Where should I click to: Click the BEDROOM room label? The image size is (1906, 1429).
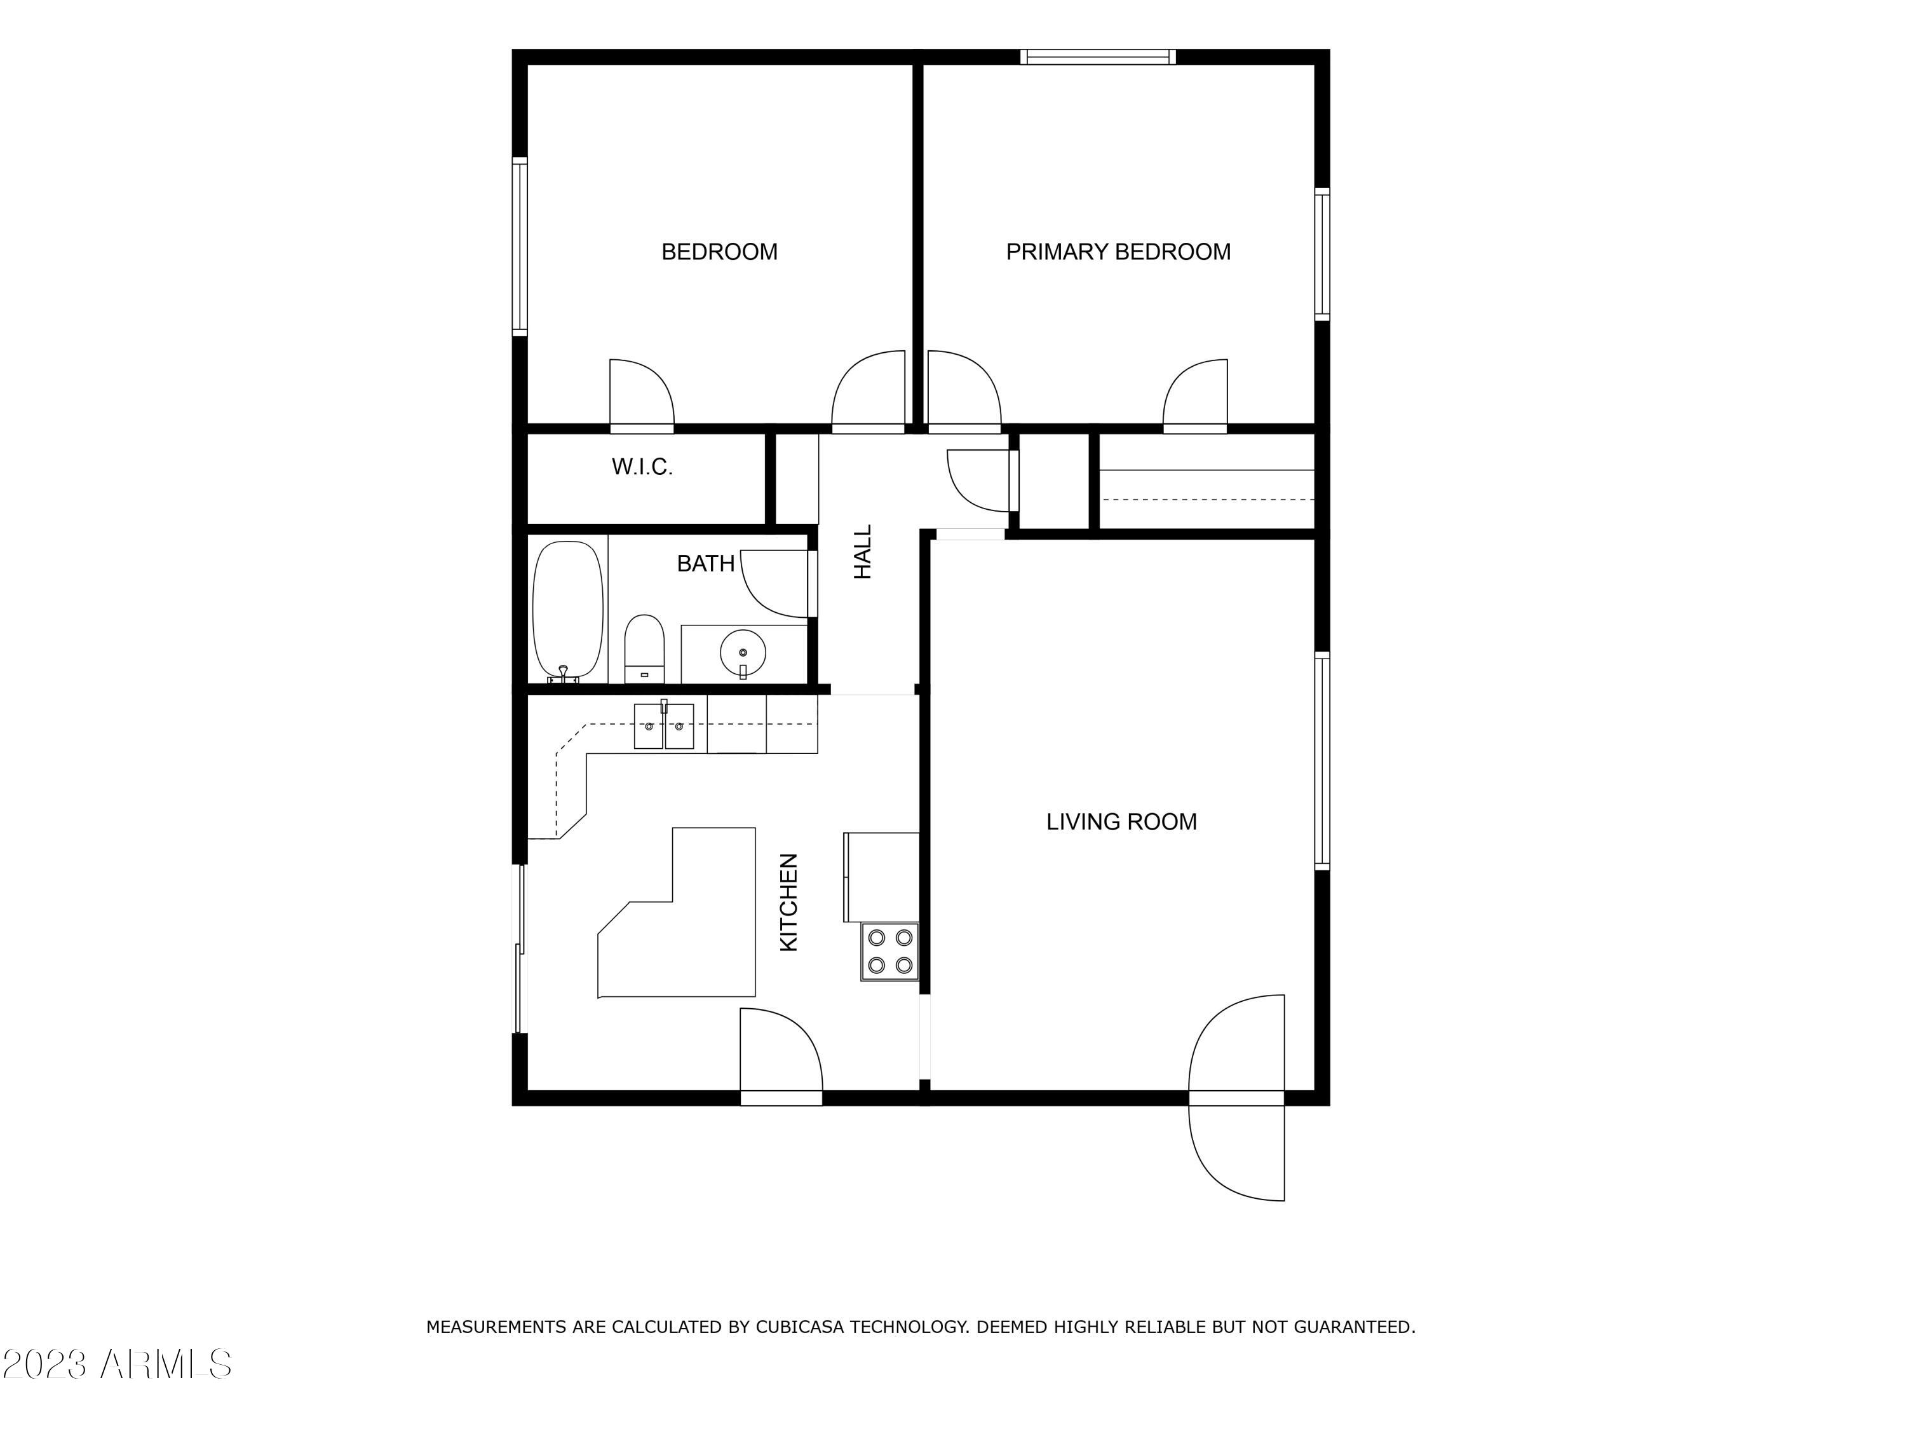click(x=719, y=252)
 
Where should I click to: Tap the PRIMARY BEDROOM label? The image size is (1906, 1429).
click(x=1118, y=252)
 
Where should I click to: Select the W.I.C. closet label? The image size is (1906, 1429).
click(x=642, y=467)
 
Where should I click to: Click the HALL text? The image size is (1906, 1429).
click(x=863, y=552)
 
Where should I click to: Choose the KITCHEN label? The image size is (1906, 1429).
click(x=788, y=903)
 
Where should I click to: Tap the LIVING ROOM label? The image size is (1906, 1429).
click(x=1121, y=821)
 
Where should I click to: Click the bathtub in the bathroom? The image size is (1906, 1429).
click(x=567, y=610)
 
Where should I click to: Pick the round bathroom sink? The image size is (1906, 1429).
click(x=742, y=652)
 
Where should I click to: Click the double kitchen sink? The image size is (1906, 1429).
click(x=663, y=727)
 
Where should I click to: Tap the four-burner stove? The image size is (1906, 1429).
click(x=890, y=951)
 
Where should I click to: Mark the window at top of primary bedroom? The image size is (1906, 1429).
click(x=1098, y=57)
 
